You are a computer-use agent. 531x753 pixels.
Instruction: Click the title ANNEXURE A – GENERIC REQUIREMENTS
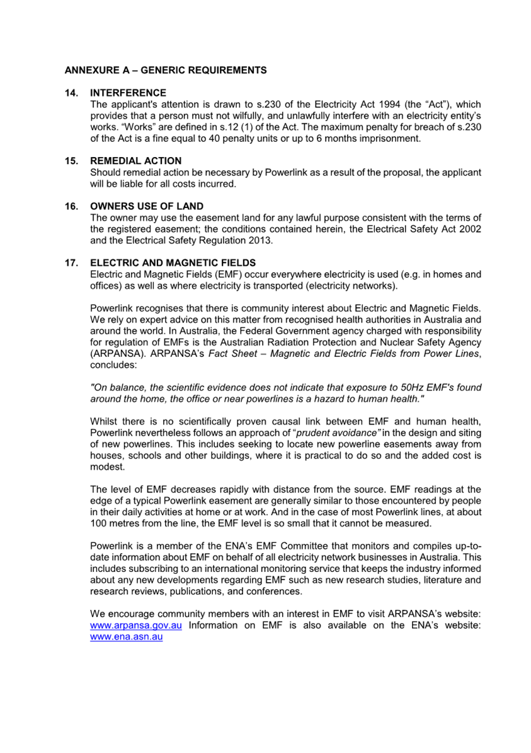(165, 70)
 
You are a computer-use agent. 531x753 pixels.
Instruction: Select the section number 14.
(71, 93)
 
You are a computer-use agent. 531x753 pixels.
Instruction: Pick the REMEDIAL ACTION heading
(135, 161)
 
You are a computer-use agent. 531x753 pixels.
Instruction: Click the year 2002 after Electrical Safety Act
(470, 229)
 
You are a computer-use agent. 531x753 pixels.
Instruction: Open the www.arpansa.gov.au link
(137, 626)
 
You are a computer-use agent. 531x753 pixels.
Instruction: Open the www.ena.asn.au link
(127, 637)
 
